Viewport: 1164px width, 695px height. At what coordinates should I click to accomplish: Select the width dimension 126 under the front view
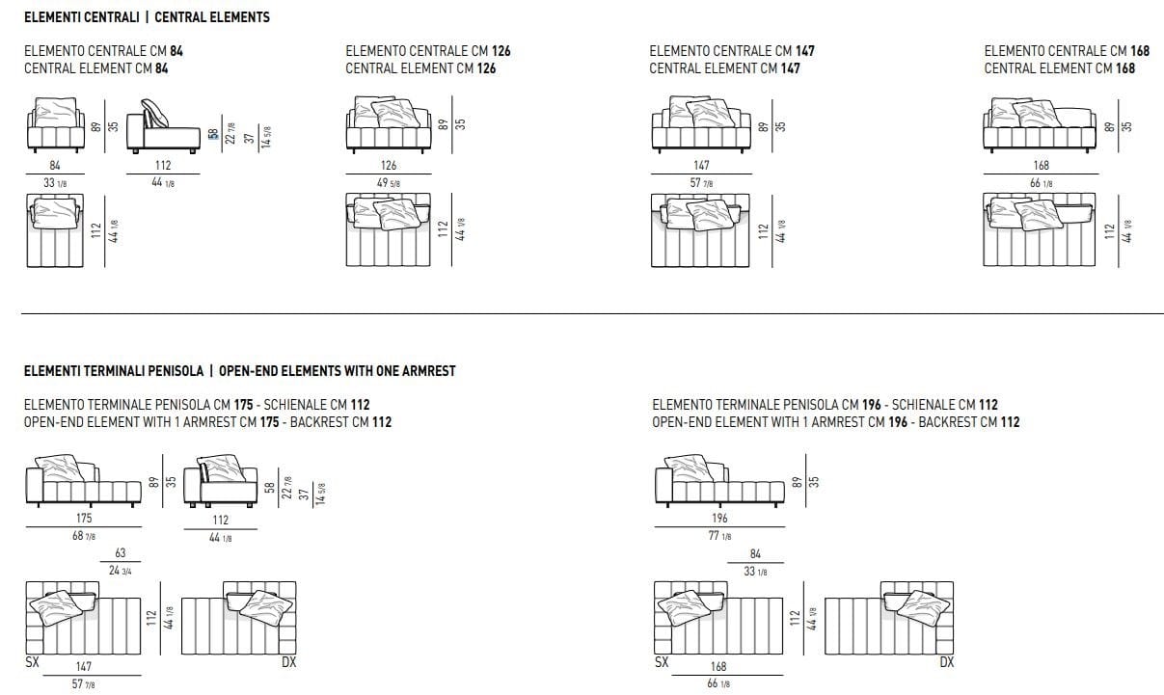pos(389,166)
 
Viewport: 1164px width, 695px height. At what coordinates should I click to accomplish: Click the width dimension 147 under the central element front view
pos(701,166)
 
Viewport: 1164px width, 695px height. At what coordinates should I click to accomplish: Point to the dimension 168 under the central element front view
pos(1041,166)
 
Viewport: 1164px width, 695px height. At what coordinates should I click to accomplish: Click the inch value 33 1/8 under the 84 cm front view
pos(55,183)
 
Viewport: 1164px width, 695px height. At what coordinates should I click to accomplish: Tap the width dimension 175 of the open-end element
pos(84,519)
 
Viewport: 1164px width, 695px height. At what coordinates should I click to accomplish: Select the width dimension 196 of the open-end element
pos(719,519)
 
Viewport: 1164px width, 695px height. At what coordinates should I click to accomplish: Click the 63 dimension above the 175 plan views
pos(120,554)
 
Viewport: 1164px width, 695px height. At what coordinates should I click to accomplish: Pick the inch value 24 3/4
pos(120,571)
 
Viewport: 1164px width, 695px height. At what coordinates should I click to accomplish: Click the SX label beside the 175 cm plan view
pos(32,662)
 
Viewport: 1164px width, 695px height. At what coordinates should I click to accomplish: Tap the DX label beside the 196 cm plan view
pos(946,662)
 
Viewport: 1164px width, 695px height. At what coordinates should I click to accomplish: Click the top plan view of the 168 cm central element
pos(1041,230)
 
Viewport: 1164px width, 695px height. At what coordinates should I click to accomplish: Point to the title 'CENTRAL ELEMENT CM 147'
pos(724,68)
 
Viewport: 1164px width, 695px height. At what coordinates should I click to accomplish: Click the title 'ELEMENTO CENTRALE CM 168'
pos(1060,50)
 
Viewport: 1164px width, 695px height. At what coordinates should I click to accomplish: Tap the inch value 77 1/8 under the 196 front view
pos(719,536)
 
